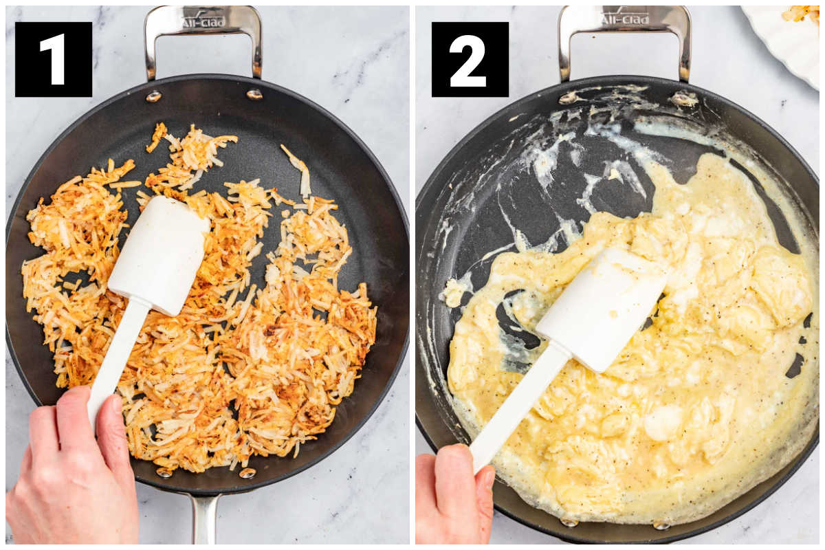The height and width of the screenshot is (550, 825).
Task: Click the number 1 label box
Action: pyautogui.click(x=54, y=59)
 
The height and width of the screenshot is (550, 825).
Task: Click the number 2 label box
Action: pyautogui.click(x=470, y=59)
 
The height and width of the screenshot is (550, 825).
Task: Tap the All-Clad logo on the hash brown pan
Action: pyautogui.click(x=203, y=22)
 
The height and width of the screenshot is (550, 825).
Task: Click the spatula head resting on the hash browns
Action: pyautogui.click(x=159, y=255)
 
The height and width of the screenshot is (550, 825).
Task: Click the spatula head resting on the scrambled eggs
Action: pyautogui.click(x=602, y=309)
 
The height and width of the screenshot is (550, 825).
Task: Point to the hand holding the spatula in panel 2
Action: pyautogui.click(x=455, y=496)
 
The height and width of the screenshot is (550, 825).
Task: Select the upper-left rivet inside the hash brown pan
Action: pyautogui.click(x=153, y=96)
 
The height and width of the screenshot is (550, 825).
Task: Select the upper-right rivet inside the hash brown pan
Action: pyautogui.click(x=254, y=95)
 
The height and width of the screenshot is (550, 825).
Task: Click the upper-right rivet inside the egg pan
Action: pyautogui.click(x=683, y=99)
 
